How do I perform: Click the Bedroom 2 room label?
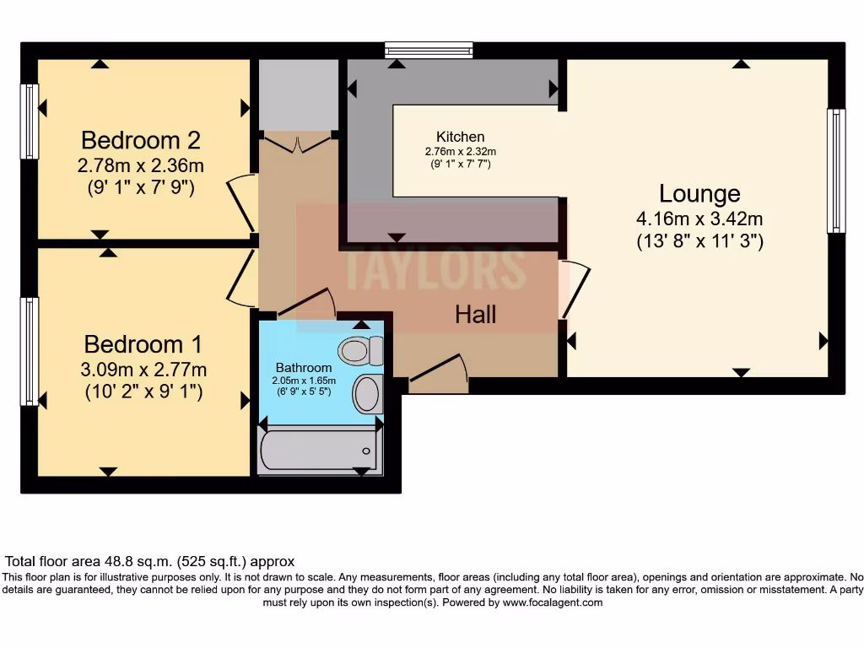pyautogui.click(x=141, y=140)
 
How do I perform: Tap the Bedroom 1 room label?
pyautogui.click(x=143, y=344)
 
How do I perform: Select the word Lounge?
pyautogui.click(x=699, y=194)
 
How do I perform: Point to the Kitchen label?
pyautogui.click(x=460, y=137)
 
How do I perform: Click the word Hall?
pyautogui.click(x=476, y=315)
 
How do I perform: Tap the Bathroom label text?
pyautogui.click(x=304, y=368)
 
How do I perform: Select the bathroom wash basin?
pyautogui.click(x=367, y=394)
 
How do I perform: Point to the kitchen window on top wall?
pyautogui.click(x=429, y=51)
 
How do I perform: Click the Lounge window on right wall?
pyautogui.click(x=836, y=171)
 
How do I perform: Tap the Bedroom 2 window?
pyautogui.click(x=30, y=121)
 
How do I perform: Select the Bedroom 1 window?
pyautogui.click(x=30, y=351)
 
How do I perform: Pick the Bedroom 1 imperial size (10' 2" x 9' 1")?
pyautogui.click(x=143, y=391)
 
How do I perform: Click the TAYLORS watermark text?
pyautogui.click(x=435, y=267)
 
